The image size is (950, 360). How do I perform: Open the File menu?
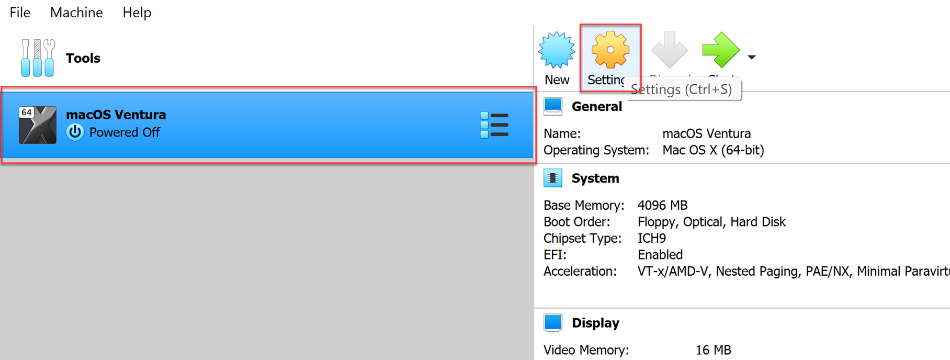click(x=20, y=13)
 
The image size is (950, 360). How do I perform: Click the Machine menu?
click(x=76, y=13)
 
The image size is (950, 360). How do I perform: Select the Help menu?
click(x=137, y=13)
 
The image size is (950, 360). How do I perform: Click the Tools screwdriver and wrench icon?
click(x=38, y=58)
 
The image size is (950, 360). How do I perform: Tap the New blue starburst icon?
click(x=557, y=50)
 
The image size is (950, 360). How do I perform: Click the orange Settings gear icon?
click(x=610, y=50)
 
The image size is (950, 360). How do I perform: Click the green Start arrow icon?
click(x=720, y=50)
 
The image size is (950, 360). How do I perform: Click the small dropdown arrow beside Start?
click(x=752, y=57)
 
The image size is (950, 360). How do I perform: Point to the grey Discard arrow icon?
click(x=669, y=50)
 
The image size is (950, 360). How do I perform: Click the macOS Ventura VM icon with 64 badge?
click(x=37, y=125)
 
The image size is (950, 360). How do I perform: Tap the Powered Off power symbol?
click(x=75, y=132)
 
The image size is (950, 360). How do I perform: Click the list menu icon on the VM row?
click(x=494, y=125)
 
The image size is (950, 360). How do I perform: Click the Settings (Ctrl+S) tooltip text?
click(x=681, y=89)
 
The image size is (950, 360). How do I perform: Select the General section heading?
click(x=596, y=107)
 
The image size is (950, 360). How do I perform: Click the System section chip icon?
click(x=553, y=178)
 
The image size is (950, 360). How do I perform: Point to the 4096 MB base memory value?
click(x=662, y=205)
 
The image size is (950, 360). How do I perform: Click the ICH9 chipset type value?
click(x=651, y=238)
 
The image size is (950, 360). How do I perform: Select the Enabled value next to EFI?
click(x=660, y=255)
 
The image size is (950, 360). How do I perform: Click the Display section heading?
click(x=595, y=323)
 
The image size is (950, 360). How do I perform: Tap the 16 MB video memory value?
click(x=713, y=350)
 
